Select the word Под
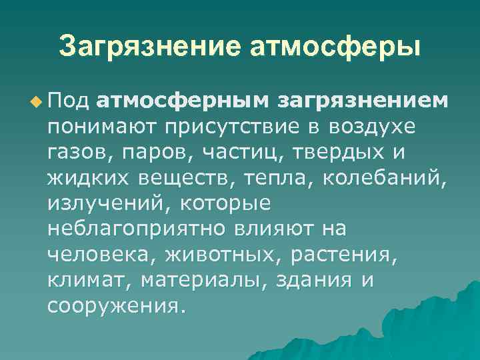[69, 101]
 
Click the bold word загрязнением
[363, 101]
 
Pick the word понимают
[102, 127]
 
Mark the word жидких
[89, 178]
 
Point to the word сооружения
[114, 306]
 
